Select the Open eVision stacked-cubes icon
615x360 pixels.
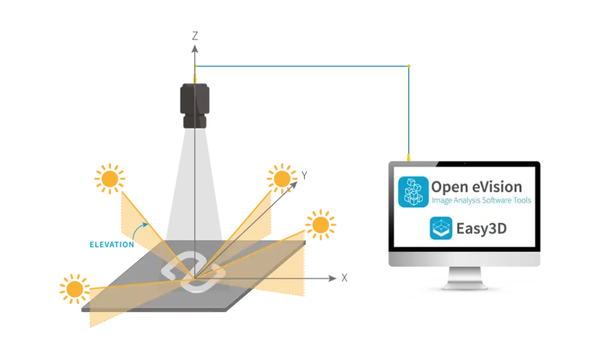point(413,191)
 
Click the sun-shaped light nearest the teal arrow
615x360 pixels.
point(110,179)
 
